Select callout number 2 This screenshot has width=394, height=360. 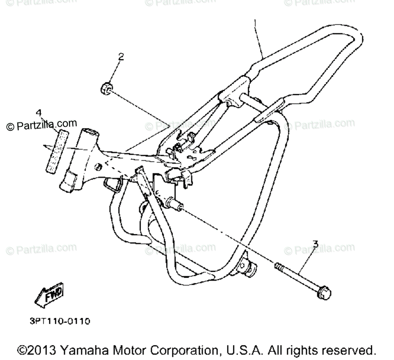[121, 57]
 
